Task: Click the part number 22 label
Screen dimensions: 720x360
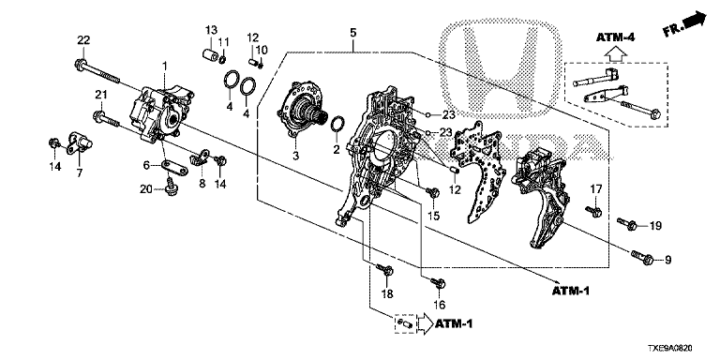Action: click(83, 40)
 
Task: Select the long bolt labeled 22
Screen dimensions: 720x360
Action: click(97, 71)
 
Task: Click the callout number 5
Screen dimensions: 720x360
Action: click(352, 33)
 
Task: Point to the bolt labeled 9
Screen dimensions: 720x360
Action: click(642, 257)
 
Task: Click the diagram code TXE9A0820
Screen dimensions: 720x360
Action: click(670, 349)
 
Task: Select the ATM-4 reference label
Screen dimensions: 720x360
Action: click(615, 37)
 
